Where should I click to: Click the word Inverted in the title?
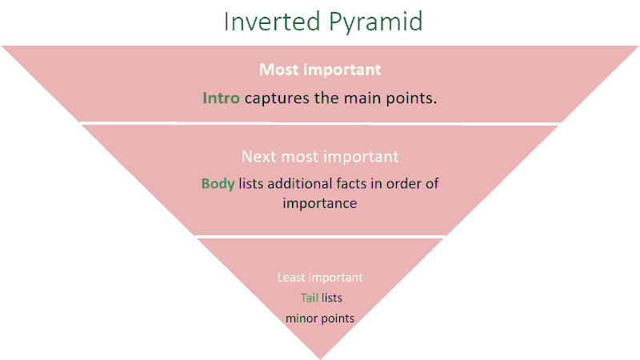point(272,22)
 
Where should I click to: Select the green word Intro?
point(221,98)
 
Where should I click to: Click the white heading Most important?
point(320,70)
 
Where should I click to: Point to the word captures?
point(277,98)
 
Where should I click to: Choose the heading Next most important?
point(320,157)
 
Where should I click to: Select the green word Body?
point(218,184)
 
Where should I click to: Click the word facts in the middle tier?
point(352,183)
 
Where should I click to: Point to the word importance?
point(320,204)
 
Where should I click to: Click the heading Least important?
point(320,278)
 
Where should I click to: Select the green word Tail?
point(310,298)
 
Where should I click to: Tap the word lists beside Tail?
point(332,298)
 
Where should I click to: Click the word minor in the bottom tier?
point(302,318)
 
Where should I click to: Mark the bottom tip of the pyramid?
point(321,359)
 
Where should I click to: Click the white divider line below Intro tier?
point(321,123)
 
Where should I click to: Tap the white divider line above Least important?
point(321,236)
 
